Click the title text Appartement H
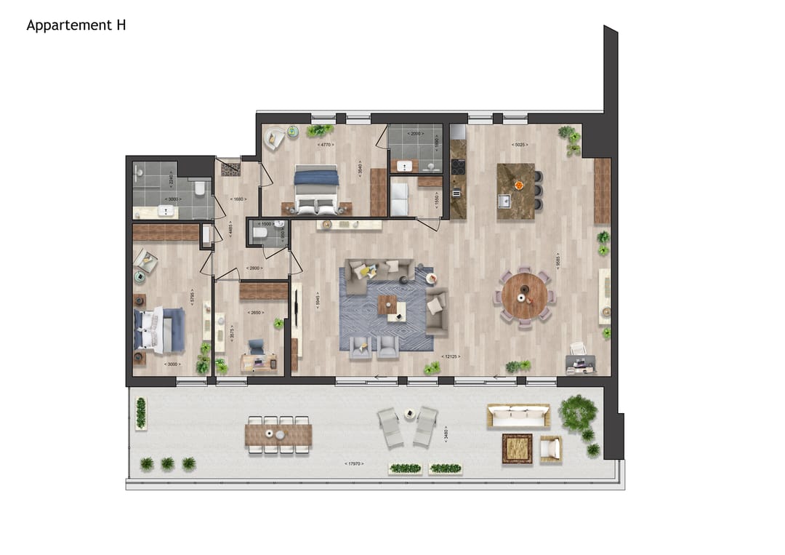[x=76, y=25]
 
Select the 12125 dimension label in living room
[x=451, y=357]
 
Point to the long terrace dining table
[x=278, y=435]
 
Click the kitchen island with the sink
[x=515, y=185]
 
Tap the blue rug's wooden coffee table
[x=392, y=308]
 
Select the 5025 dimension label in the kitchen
[x=519, y=144]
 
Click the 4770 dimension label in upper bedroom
[x=326, y=145]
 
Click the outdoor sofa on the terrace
[x=518, y=417]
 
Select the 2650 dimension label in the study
[x=255, y=313]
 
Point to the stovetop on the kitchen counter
[x=458, y=166]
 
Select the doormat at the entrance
[x=230, y=169]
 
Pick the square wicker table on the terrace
[x=517, y=449]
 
